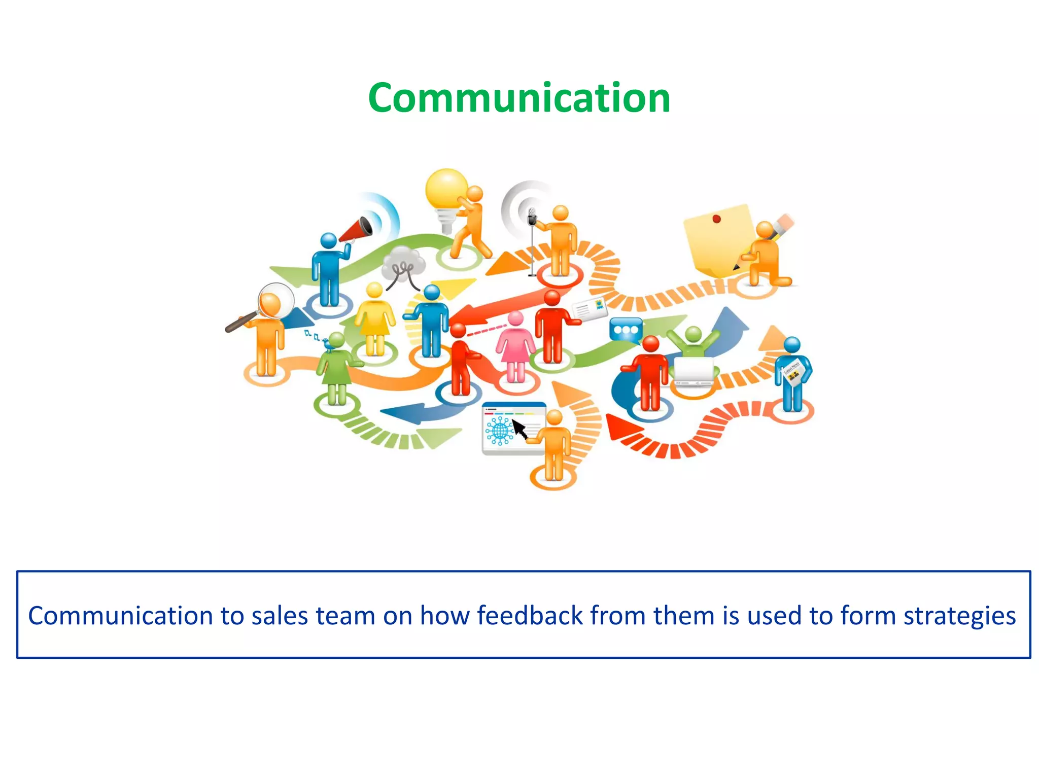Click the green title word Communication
519,98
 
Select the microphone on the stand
532,217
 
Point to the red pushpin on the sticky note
716,219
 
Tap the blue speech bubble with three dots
626,330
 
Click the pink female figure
515,347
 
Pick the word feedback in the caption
530,616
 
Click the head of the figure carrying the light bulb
475,194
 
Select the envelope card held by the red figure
590,309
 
